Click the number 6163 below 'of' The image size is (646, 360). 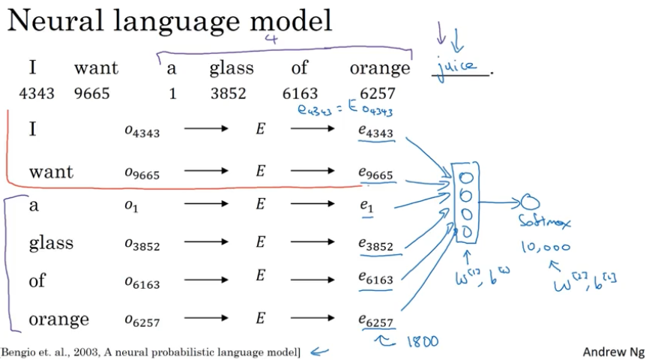(x=300, y=94)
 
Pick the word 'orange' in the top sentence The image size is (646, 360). (x=380, y=68)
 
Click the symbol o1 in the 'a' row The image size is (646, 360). (x=131, y=206)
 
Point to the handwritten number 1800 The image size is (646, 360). (x=420, y=341)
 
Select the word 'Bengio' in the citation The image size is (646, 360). (x=24, y=350)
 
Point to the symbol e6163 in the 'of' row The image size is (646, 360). (x=375, y=280)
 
